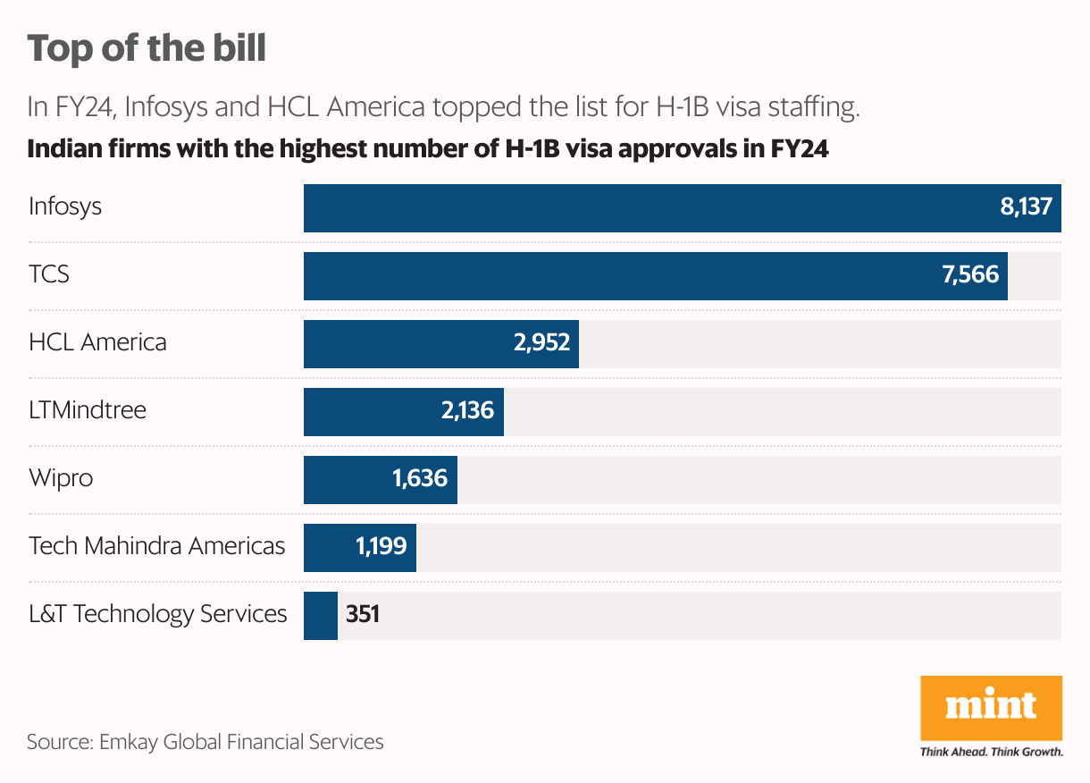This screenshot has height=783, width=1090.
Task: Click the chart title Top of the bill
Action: pos(147,48)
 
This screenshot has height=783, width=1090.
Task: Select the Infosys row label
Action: pos(65,206)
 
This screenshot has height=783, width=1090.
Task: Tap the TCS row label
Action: pos(49,274)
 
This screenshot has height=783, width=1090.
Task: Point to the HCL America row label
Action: pos(97,342)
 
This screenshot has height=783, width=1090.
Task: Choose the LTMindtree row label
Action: pos(88,410)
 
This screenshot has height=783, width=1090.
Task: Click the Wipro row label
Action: pos(61,478)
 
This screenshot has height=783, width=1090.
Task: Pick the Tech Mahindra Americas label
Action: pos(157,546)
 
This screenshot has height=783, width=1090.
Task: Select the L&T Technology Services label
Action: pos(158,614)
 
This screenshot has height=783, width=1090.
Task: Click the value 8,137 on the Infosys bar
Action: pos(1027,207)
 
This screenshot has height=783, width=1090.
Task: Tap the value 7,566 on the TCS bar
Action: pos(970,275)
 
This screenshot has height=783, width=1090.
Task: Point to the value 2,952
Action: pos(541,343)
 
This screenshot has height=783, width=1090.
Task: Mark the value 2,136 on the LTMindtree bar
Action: pos(466,411)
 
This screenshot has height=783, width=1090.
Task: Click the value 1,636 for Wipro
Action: pos(420,479)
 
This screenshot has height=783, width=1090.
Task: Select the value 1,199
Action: pos(381,547)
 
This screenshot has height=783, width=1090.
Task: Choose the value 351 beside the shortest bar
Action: pos(363,615)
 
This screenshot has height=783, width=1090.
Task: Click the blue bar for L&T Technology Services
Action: pos(321,615)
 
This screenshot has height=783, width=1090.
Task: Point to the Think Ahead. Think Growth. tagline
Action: pos(991,752)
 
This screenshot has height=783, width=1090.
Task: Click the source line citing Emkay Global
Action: pos(205,742)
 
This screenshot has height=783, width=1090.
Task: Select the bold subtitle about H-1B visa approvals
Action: pos(428,149)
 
